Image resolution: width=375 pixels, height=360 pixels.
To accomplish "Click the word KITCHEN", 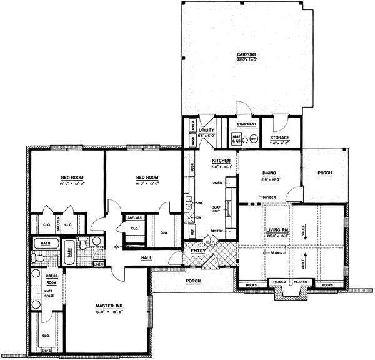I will pos(222,161).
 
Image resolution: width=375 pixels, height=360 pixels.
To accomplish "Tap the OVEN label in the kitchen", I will pos(219,183).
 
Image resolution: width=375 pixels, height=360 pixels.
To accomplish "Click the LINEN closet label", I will pos(98,264).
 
